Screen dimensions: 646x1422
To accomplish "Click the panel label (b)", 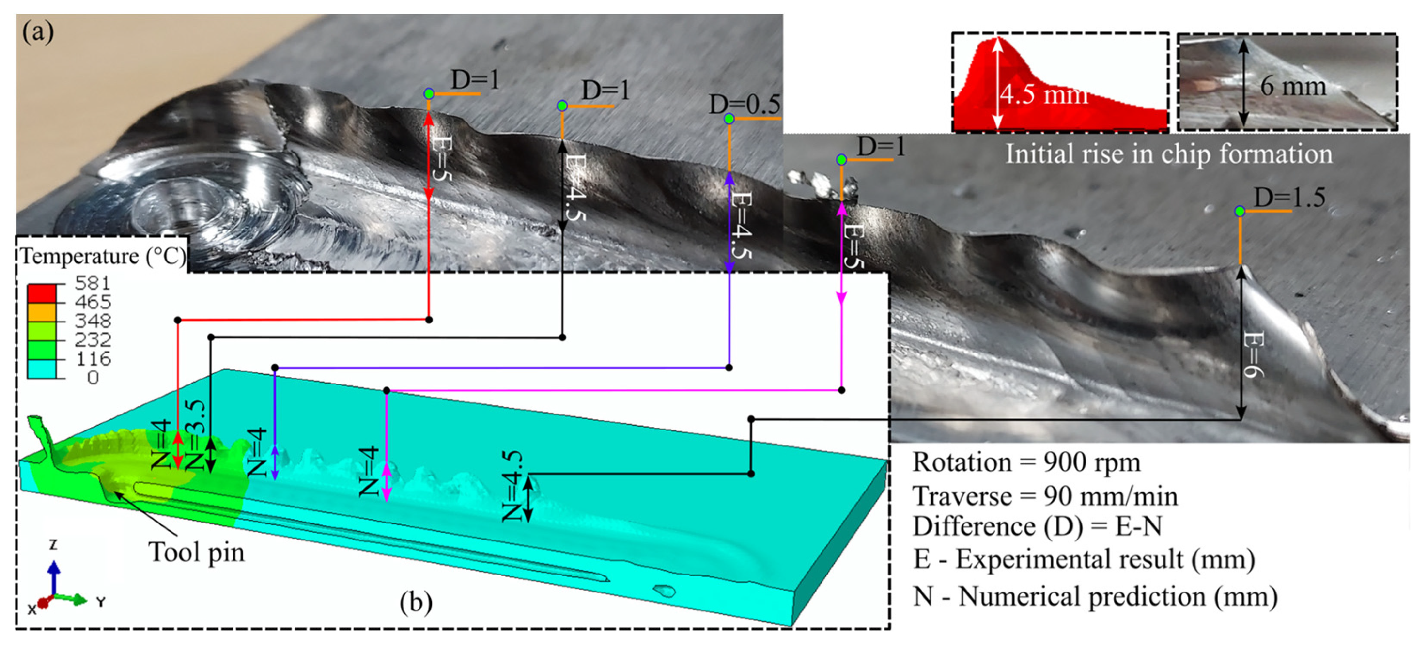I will tap(416, 602).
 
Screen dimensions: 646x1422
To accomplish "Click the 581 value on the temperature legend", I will tap(93, 284).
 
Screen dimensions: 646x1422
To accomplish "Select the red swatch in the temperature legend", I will tap(41, 293).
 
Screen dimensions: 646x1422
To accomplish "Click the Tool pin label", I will tap(197, 552).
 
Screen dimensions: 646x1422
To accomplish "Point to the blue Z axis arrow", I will tap(54, 577).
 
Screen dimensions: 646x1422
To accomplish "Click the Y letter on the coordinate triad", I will tap(101, 601).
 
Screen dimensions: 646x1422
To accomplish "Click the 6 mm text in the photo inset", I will tap(1293, 85).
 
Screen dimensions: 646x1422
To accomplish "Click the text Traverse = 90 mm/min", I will tap(1045, 496).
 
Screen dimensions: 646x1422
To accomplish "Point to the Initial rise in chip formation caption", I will tap(1169, 154).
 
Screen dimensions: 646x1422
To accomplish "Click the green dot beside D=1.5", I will tap(1240, 211).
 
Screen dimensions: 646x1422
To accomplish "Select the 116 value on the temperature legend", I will tap(93, 359).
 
